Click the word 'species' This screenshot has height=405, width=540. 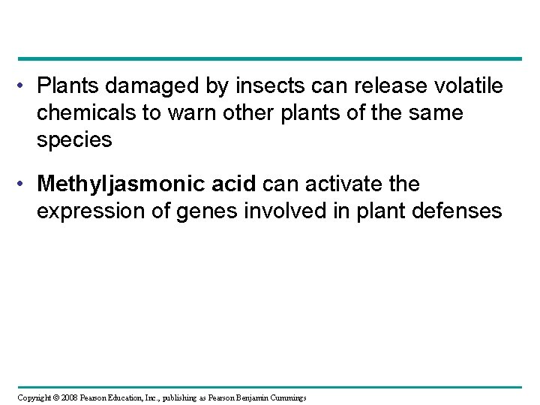tap(74, 140)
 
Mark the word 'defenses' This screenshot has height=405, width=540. tap(463, 211)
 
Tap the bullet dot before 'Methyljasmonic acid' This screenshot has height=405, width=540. tap(25, 184)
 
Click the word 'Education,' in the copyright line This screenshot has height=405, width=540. tap(115, 396)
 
